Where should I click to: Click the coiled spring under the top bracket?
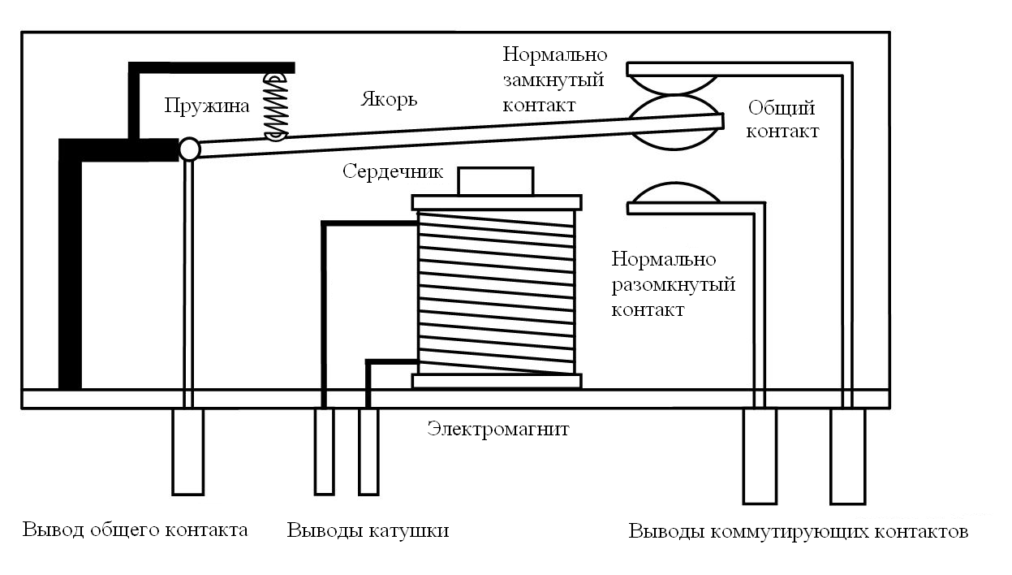point(276,106)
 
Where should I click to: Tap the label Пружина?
point(206,106)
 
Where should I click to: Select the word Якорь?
point(389,99)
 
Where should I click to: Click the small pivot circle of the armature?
point(189,149)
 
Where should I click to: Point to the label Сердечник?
point(393,172)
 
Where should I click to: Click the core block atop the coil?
point(496,181)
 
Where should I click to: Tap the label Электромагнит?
point(497,429)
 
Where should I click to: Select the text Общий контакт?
point(782,120)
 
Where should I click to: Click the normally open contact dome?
point(674,192)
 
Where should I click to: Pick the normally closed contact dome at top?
point(673,84)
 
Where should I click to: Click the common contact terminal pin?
point(188,452)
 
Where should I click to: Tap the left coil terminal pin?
point(325,452)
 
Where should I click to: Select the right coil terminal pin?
point(368,452)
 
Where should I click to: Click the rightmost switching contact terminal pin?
point(848,456)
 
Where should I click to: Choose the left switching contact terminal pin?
point(760,456)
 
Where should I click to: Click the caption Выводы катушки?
point(368,530)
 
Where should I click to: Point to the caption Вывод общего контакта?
point(135,530)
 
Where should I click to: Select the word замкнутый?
point(553,80)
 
